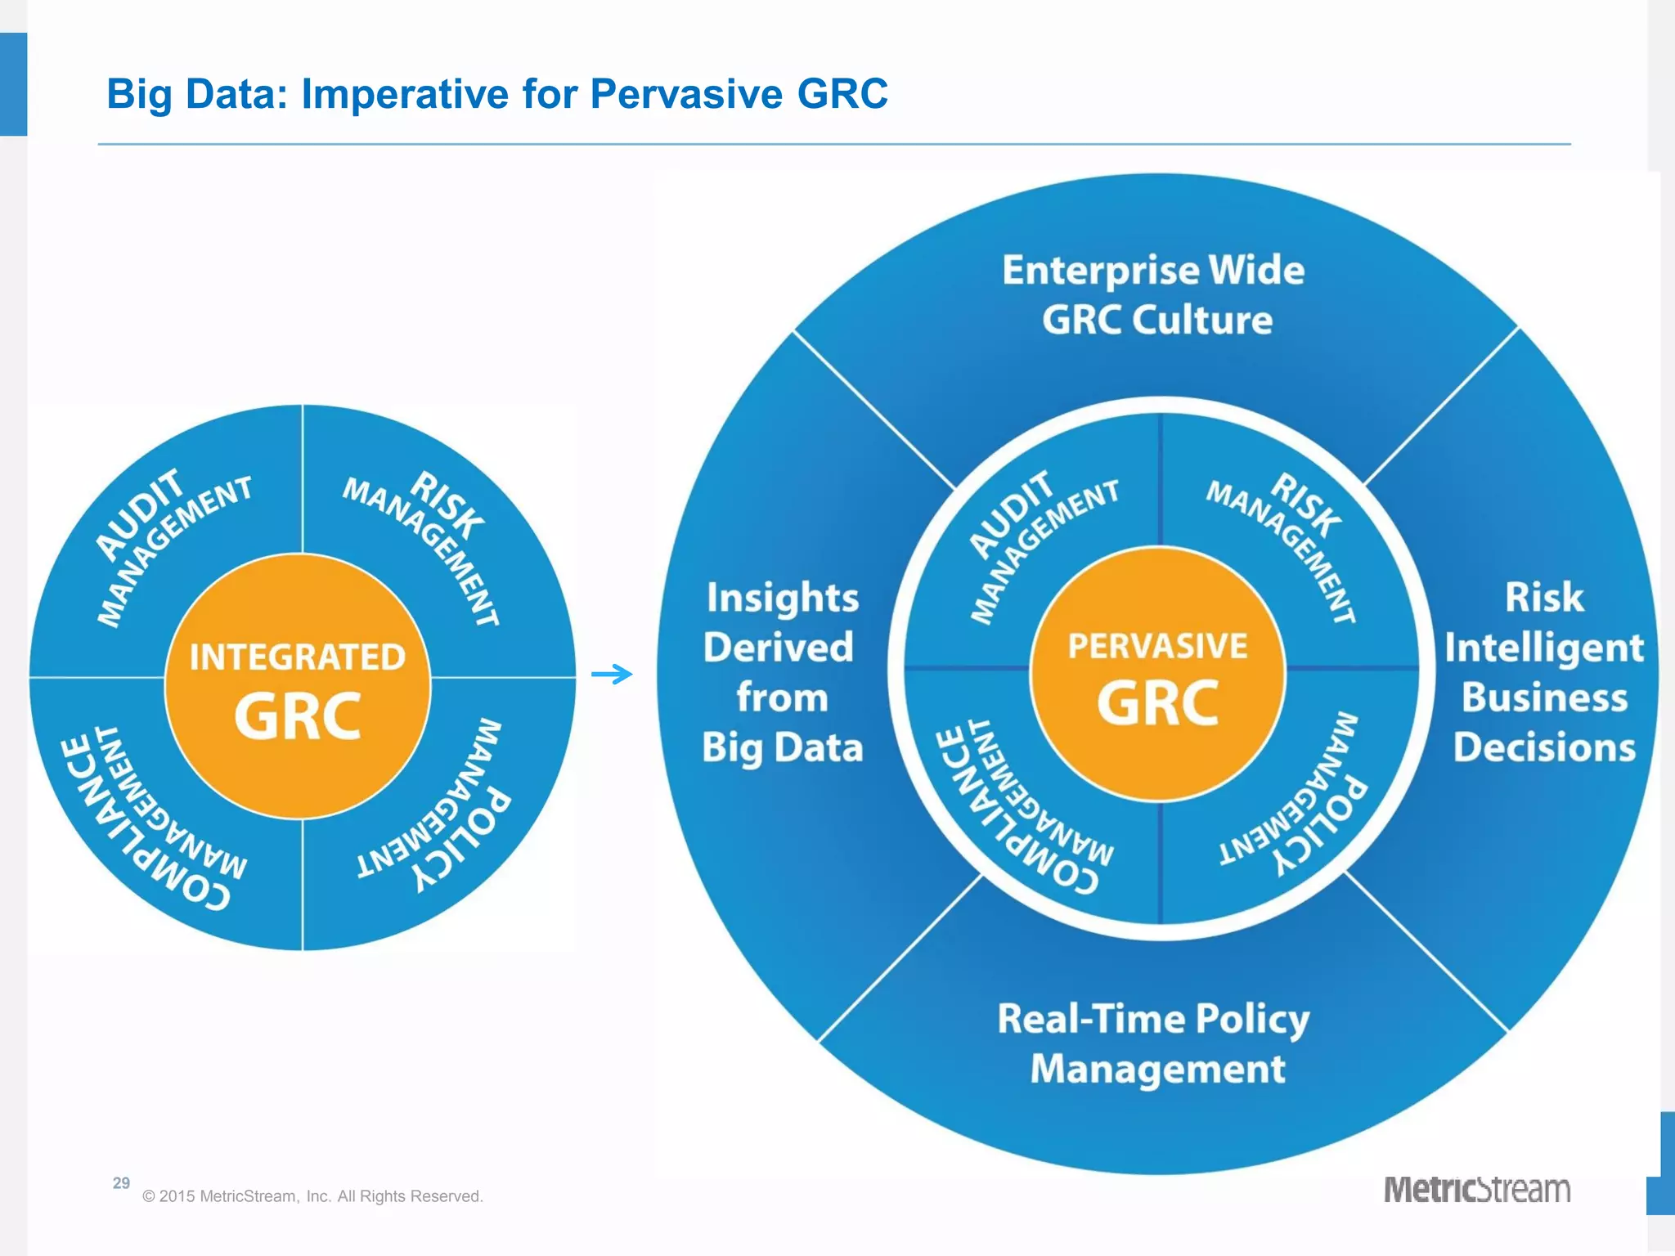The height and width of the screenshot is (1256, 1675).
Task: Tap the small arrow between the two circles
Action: coord(612,675)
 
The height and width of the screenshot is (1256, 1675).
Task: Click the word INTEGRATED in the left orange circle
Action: coord(297,657)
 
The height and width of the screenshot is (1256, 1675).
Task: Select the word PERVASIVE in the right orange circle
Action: coord(1157,647)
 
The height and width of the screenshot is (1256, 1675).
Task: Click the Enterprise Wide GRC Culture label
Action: coord(1154,294)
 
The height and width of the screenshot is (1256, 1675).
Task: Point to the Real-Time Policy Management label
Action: coord(1154,1043)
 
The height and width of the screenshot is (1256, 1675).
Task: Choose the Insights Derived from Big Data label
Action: coord(782,672)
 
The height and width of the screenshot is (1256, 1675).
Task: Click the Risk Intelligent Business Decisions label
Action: coord(1544,672)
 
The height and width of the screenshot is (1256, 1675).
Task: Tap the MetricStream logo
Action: coord(1476,1189)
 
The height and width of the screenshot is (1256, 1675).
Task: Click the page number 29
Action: coord(121,1182)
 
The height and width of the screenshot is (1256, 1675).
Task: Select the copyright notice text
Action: coord(312,1196)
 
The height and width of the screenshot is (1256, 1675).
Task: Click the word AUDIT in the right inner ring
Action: coord(1011,514)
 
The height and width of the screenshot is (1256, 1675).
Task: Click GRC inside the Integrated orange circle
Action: coord(297,716)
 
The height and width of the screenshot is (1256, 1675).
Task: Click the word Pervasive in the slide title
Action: coord(686,94)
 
